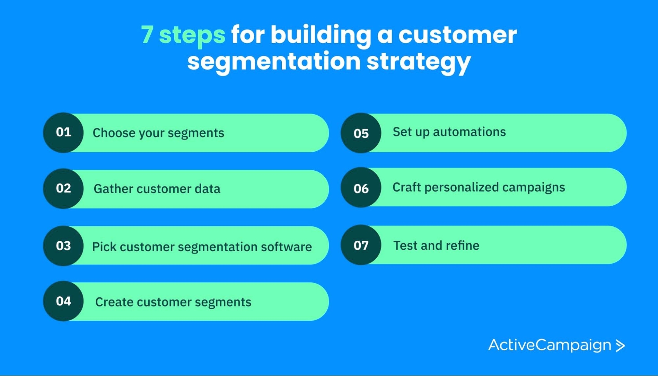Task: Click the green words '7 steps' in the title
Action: (183, 35)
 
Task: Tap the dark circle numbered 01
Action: (63, 132)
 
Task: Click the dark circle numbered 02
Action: (63, 188)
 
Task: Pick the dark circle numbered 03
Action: (63, 246)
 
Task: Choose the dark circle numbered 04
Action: (63, 301)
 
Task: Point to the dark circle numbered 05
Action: (361, 133)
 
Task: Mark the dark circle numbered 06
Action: (361, 188)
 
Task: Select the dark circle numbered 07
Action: (361, 245)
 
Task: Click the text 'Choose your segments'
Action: (158, 133)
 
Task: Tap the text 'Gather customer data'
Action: (157, 189)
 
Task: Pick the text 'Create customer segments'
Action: (173, 302)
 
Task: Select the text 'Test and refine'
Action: (436, 245)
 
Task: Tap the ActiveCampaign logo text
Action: (550, 345)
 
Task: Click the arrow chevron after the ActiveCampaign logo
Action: (620, 346)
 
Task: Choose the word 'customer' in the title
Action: (457, 35)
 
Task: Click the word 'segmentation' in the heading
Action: (274, 62)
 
